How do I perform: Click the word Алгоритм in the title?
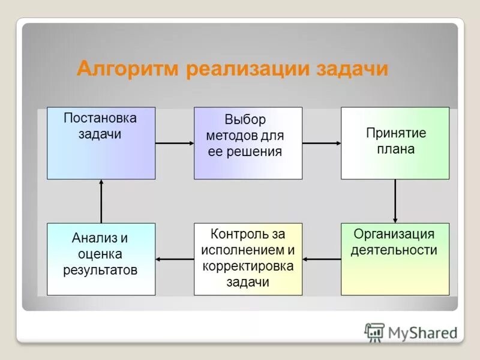click(128, 68)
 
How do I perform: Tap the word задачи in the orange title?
click(352, 68)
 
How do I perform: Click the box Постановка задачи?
click(101, 143)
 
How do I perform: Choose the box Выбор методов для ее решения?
click(248, 143)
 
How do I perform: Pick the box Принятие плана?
click(395, 143)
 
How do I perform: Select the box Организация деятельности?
click(395, 259)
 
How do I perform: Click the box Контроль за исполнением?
click(248, 259)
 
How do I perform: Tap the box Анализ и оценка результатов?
click(101, 259)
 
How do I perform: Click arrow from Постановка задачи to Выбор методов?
click(174, 143)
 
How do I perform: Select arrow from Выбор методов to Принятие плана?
click(322, 143)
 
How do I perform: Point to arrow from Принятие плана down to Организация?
click(395, 201)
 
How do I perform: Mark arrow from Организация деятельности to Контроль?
click(322, 259)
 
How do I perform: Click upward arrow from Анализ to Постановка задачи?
click(101, 201)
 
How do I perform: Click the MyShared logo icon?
click(374, 332)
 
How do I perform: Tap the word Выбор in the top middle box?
click(245, 119)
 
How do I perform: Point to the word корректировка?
click(248, 266)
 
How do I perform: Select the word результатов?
click(100, 270)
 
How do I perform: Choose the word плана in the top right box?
click(395, 149)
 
